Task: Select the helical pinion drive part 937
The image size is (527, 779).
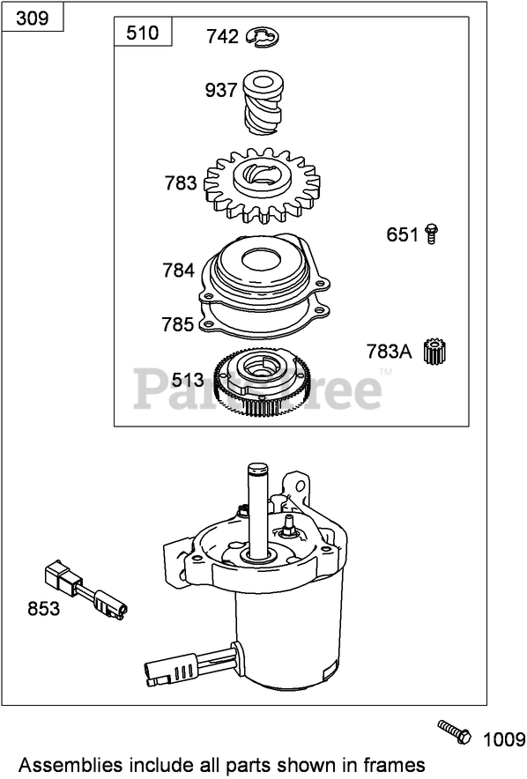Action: click(263, 102)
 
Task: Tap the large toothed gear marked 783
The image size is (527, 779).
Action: click(263, 185)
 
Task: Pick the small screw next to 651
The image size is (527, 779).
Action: click(432, 234)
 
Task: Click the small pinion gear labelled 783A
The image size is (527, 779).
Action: click(435, 351)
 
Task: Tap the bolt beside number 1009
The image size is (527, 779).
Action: click(455, 732)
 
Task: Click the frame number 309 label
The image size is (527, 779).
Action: click(33, 19)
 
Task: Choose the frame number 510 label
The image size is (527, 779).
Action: click(143, 33)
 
